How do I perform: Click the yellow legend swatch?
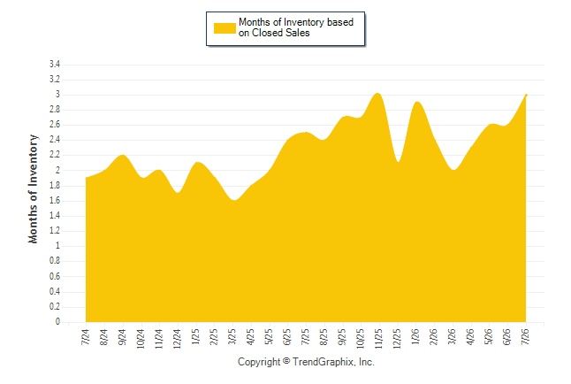225,28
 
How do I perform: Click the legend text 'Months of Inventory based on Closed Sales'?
296,27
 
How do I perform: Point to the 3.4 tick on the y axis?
55,65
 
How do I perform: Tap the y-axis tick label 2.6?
55,125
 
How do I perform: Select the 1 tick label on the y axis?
57,246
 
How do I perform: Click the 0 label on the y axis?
57,322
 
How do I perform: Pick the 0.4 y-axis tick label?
55,291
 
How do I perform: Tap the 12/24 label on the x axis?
178,339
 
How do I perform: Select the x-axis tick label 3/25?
232,336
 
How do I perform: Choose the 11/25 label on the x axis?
378,339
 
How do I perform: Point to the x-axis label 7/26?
525,336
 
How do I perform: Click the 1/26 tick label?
415,336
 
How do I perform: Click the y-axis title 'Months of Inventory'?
33,188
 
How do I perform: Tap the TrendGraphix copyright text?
306,362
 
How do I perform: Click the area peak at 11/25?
377,94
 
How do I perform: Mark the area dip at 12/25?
399,162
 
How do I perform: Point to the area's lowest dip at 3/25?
233,200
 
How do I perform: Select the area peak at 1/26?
417,102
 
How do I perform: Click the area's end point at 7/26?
526,95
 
